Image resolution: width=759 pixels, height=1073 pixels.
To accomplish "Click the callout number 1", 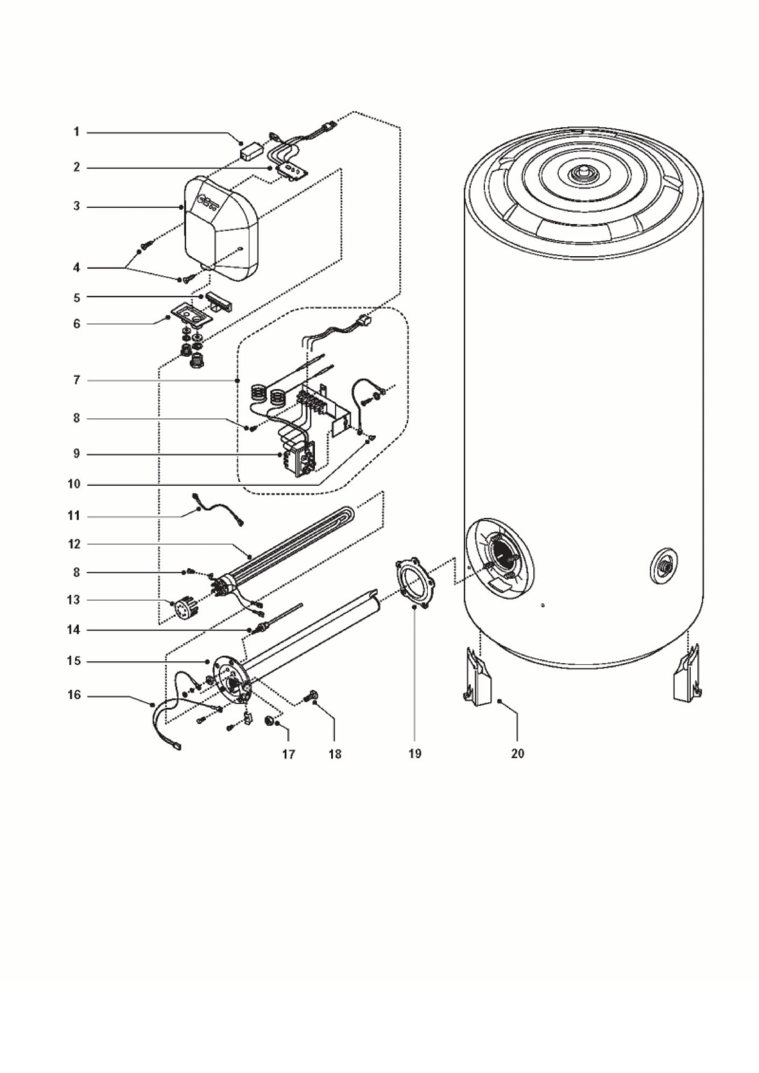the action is [76, 132].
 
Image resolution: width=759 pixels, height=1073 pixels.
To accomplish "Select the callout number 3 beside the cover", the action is [76, 206].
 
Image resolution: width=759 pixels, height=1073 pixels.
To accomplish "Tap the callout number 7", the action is [76, 380].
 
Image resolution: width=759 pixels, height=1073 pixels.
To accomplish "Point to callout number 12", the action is [74, 544].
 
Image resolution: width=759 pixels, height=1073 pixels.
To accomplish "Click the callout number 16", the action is [74, 695].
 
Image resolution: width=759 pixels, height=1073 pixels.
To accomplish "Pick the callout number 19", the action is [414, 754].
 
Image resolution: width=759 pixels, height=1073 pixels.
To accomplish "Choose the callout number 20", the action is [517, 754].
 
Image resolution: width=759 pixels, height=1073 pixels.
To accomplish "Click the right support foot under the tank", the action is [688, 674].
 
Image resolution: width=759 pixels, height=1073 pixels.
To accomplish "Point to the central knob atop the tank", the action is [582, 174].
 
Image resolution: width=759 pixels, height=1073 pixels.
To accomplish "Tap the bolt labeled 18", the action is [310, 696].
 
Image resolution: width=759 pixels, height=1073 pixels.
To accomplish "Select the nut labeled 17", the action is [269, 721].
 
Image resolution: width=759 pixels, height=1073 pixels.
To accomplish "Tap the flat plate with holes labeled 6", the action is [192, 313].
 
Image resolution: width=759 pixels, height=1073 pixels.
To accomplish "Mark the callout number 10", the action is [74, 484].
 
